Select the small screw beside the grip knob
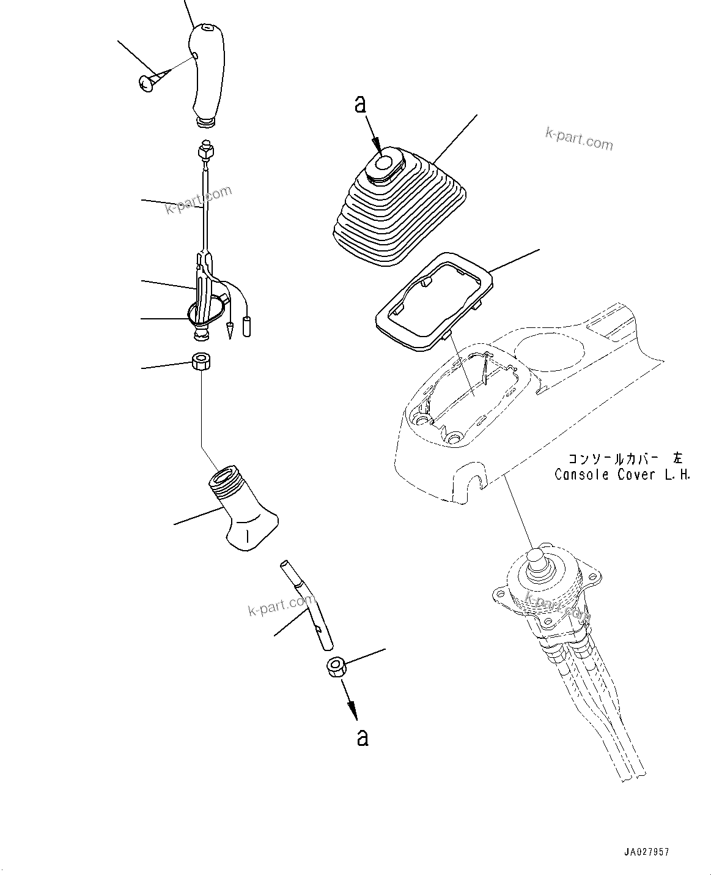click(149, 83)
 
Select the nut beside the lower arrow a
click(336, 666)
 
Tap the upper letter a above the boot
click(361, 105)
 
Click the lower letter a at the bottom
click(363, 737)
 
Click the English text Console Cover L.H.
click(622, 474)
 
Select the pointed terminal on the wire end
click(231, 330)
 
